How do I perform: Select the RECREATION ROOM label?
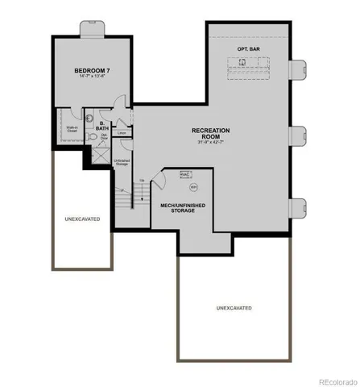point(211,133)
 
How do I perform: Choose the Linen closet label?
point(122,133)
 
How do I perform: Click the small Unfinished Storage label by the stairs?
point(122,163)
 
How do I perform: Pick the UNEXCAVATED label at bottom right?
point(234,308)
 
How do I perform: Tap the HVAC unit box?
point(184,174)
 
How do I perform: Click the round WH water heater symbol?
point(193,186)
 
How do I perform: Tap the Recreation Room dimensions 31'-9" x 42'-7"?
point(211,144)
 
